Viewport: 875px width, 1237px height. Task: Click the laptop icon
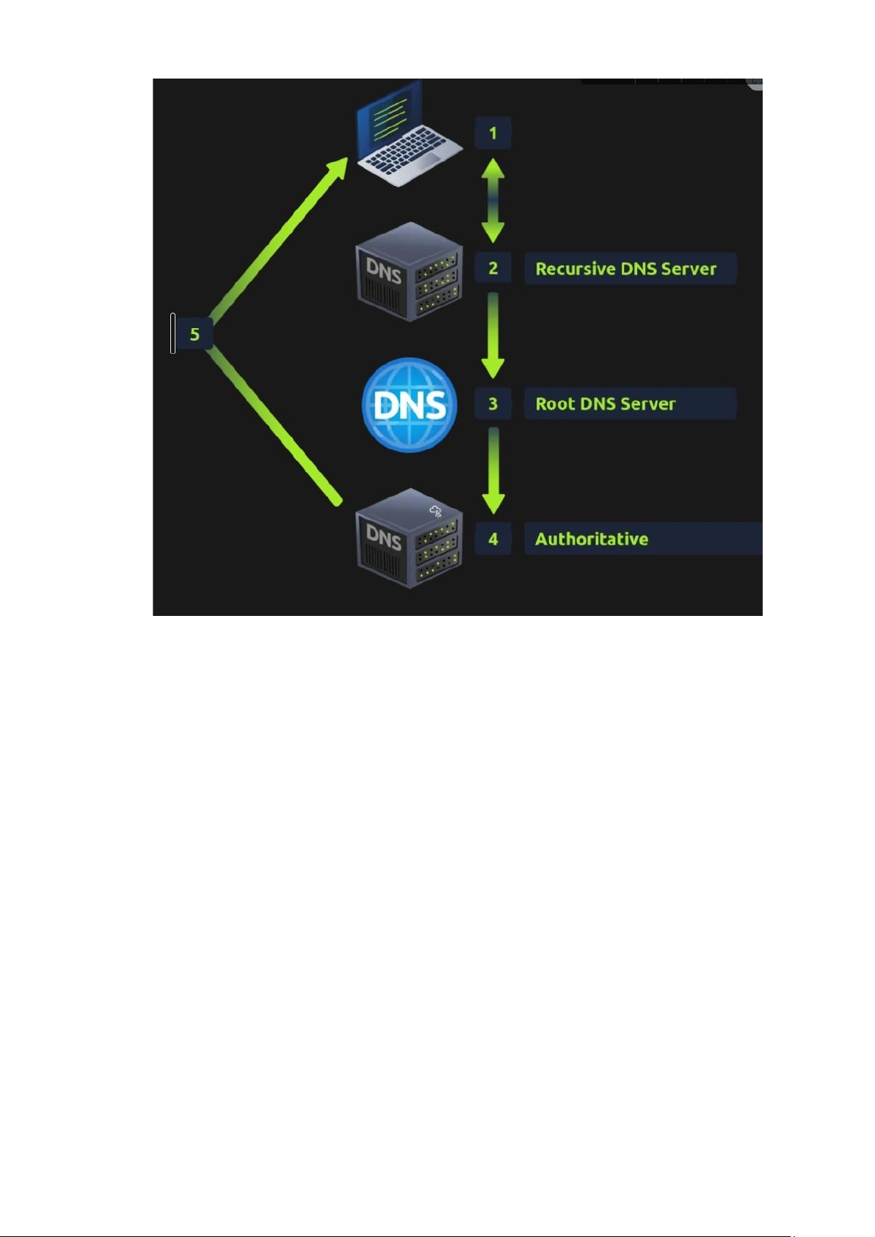[408, 135]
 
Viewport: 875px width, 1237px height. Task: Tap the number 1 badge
[493, 133]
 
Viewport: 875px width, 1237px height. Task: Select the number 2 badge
[493, 269]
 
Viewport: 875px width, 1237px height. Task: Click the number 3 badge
[493, 404]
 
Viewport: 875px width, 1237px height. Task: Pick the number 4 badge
[493, 538]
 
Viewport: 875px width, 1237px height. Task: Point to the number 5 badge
[195, 334]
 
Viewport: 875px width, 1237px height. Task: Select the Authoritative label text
[591, 539]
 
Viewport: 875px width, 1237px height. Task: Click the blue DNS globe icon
[409, 405]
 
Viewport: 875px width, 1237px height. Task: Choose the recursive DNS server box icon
[409, 272]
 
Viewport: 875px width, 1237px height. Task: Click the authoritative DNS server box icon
[409, 538]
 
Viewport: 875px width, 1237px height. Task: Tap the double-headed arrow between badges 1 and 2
[493, 200]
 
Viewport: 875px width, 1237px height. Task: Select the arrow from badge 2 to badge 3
[493, 335]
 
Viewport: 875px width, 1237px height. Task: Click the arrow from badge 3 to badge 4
[493, 471]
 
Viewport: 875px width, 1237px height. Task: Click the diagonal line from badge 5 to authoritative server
[275, 424]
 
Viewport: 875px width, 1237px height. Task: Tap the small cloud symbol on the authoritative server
[435, 512]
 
